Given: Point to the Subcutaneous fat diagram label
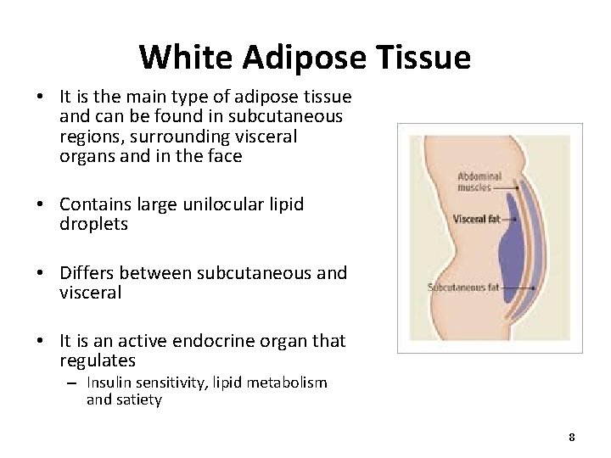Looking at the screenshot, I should click(463, 288).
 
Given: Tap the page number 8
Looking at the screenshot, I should click(572, 437).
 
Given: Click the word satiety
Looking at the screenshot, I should click(135, 399).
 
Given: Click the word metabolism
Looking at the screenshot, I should click(288, 383).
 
